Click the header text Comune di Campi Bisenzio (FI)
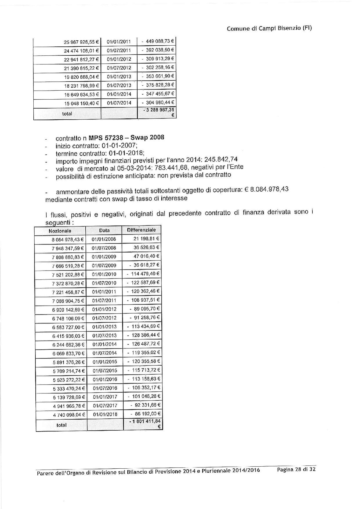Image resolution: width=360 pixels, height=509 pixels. [x=269, y=28]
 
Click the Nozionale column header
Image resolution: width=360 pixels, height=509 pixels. [x=60, y=231]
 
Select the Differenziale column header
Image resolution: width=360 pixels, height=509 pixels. [x=141, y=230]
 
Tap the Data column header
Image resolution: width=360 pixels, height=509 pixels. [x=104, y=231]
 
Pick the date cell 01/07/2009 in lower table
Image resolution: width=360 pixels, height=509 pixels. [x=104, y=265]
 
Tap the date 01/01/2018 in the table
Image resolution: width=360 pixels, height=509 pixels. [x=105, y=414]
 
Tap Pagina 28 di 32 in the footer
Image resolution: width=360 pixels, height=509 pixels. [x=296, y=470]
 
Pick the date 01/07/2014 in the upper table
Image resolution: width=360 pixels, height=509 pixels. [x=119, y=103]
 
